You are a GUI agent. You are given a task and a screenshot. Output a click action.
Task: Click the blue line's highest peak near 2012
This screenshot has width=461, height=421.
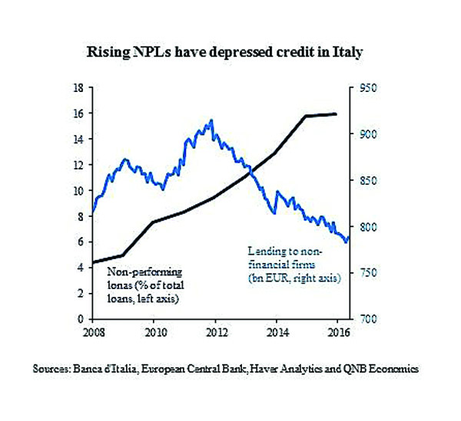coord(211,120)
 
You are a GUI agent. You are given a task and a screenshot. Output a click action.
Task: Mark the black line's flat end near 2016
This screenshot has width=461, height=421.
coord(336,114)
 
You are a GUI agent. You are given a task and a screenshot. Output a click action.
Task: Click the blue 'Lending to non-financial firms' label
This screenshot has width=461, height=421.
coord(294,264)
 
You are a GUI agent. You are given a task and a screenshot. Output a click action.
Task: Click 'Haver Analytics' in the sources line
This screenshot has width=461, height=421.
coord(294,369)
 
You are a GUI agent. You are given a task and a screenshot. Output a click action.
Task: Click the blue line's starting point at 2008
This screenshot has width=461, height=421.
coord(92,212)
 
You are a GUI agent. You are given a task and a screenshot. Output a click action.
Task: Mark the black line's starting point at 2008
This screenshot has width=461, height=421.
coord(92,263)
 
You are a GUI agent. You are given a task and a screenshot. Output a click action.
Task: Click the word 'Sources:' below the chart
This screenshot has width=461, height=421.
coord(51,369)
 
